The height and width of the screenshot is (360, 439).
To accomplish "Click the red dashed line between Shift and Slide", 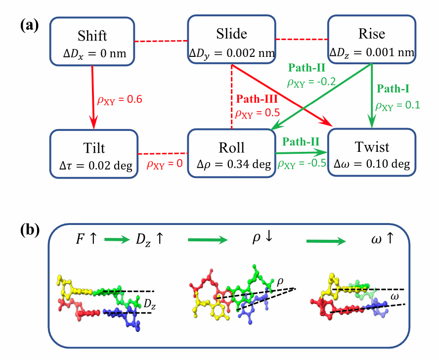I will point(162,41).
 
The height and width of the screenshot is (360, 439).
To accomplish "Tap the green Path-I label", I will point(393,89).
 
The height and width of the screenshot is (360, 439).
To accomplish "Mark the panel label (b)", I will point(29,230).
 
